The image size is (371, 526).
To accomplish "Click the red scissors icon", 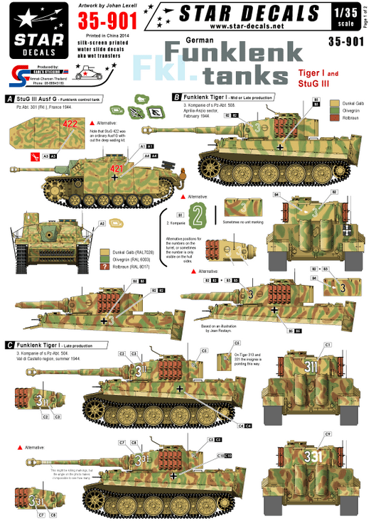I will pos(27,154).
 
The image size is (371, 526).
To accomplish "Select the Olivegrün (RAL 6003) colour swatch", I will pos(104,259).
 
